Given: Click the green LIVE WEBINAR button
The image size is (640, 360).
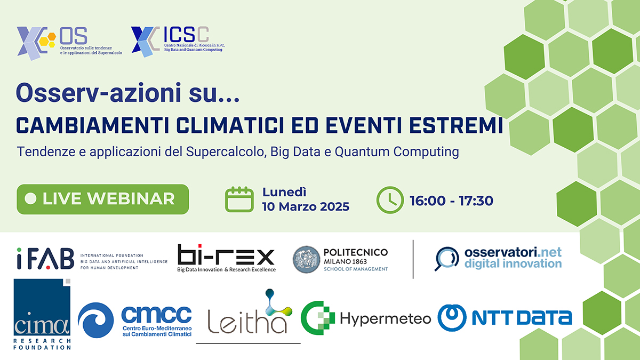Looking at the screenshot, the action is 103,199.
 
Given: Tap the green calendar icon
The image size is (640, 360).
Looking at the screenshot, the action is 239,199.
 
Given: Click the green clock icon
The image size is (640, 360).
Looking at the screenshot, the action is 390,200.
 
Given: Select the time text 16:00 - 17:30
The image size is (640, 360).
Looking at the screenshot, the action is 451,201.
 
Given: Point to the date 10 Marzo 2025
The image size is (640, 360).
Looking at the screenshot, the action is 306,206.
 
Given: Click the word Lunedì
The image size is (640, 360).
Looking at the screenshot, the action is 284,192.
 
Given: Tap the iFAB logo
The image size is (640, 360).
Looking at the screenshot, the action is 45,258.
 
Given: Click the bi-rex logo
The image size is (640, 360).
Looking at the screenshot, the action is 226,258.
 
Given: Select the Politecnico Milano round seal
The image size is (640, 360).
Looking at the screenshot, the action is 306,259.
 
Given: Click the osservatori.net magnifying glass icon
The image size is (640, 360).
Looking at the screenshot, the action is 446,258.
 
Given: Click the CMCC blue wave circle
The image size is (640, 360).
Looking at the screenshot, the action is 95,320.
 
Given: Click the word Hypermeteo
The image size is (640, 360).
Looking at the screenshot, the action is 386,318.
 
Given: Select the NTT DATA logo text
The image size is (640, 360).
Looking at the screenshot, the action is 522,318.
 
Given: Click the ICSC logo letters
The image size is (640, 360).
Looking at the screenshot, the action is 186,34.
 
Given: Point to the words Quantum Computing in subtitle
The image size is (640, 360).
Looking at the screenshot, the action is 397,151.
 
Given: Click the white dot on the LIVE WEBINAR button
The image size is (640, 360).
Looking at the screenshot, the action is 30,199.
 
